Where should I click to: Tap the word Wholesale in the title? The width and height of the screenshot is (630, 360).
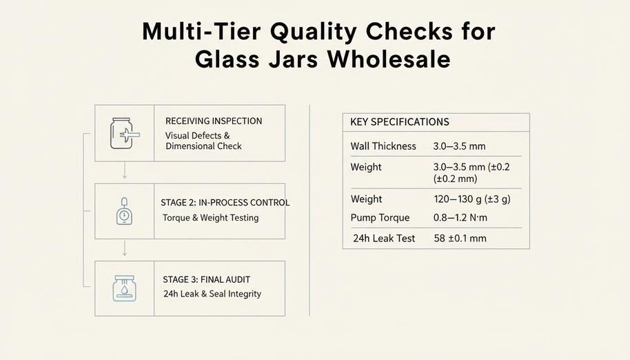pos(389,59)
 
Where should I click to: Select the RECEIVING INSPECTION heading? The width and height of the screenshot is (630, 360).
pos(214,121)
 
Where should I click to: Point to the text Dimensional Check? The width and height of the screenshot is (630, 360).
pos(203,146)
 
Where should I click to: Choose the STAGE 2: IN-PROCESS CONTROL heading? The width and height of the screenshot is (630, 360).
pos(225,203)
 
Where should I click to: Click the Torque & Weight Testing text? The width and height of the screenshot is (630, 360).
pos(210,218)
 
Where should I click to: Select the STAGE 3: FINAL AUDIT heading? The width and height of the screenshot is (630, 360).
pos(206,279)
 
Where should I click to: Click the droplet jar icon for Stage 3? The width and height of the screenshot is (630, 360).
pos(123,288)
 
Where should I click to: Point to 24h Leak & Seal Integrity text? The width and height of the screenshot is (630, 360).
pos(212,294)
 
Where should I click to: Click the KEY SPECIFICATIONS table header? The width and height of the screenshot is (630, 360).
pos(399,122)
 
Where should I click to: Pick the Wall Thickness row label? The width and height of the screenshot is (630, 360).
pos(383,146)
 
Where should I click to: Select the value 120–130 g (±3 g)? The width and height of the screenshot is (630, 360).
pos(471,199)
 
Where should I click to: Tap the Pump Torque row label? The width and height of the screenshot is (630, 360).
pos(380,218)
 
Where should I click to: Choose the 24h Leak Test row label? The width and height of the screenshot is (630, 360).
pos(384,239)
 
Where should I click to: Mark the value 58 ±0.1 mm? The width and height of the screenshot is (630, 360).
pos(460,239)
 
